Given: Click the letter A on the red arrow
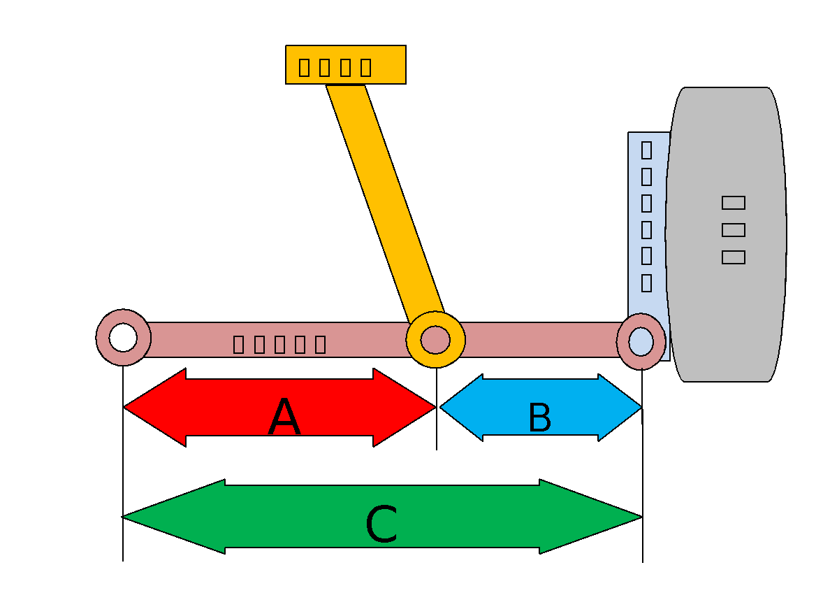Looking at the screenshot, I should tap(284, 417).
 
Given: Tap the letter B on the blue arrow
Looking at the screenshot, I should tap(539, 417).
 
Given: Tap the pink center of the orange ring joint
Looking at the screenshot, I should tap(435, 340).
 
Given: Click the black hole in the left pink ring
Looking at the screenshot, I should tap(124, 338).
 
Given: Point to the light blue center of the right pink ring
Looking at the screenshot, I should tap(641, 341).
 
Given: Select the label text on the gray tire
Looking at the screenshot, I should tap(733, 229).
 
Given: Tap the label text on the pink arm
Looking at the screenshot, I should tap(279, 344).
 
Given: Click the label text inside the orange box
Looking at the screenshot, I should tap(335, 67).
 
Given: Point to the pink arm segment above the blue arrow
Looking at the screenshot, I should tap(538, 340).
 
